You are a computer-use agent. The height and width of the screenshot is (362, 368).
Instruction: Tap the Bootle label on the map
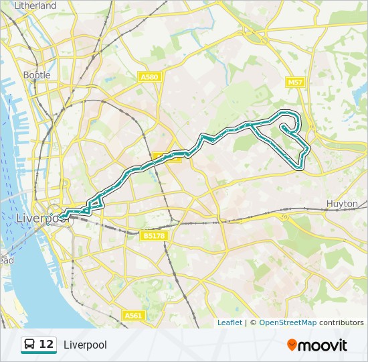click(37, 75)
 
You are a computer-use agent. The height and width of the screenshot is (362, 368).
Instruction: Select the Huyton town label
click(342, 203)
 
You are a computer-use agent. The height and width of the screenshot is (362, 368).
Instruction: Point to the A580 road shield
click(149, 77)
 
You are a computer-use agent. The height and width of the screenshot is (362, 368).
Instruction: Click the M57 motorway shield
click(294, 82)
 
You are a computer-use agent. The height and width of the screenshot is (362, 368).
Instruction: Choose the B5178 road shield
click(153, 236)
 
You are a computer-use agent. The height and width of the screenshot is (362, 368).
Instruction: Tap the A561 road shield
click(134, 315)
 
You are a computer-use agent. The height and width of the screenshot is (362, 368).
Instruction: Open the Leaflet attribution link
click(229, 322)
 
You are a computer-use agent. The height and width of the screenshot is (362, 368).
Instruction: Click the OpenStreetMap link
click(288, 322)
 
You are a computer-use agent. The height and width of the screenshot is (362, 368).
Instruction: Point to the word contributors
click(341, 322)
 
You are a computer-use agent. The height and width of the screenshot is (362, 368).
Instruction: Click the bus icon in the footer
click(30, 345)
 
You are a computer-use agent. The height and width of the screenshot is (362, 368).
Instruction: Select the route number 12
click(46, 345)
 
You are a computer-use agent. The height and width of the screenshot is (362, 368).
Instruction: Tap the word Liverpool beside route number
click(85, 345)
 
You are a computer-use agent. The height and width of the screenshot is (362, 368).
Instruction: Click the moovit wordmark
click(323, 345)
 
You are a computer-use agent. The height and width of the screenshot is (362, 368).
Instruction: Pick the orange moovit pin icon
click(292, 345)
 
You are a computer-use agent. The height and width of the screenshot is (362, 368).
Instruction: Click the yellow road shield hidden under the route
click(166, 158)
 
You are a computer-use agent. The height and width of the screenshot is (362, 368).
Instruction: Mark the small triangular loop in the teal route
click(95, 204)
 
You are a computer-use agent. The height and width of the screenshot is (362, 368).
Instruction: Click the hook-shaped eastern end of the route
click(288, 127)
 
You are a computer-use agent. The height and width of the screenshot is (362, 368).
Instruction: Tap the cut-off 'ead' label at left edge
click(5, 260)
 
